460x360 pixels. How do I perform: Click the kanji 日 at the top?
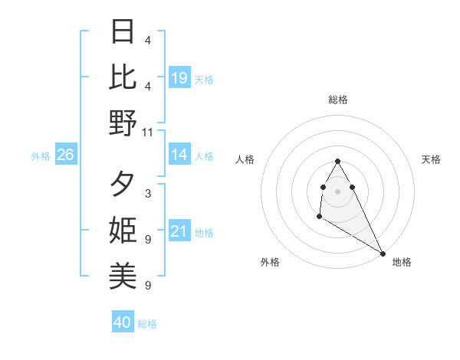pos(123,32)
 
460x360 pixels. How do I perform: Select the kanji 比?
pos(123,77)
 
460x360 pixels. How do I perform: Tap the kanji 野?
pos(123,123)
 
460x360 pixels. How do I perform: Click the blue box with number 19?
pos(179,77)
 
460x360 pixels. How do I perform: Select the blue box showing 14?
pos(179,155)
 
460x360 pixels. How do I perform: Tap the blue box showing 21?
pos(179,232)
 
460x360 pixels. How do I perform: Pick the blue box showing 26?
pos(65,155)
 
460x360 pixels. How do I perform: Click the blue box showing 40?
pos(123,322)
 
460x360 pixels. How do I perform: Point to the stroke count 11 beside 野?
pos(147,132)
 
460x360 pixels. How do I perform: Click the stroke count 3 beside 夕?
pos(147,194)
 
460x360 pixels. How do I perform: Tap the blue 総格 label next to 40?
pos(147,324)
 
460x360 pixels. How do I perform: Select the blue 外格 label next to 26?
pos(41,156)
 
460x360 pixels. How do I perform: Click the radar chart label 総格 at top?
pos(337,100)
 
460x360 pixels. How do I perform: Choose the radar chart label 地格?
pos(402,262)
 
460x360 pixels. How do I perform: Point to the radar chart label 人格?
pos(245,159)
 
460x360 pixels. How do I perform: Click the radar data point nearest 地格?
pos(383,254)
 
